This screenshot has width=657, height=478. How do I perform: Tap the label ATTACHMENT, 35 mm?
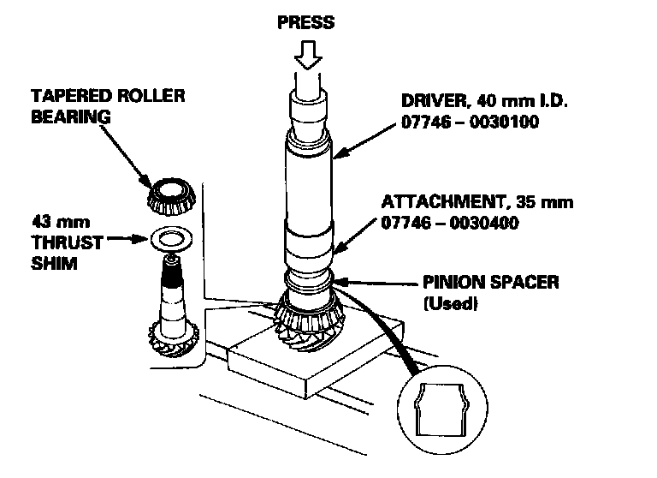point(477,203)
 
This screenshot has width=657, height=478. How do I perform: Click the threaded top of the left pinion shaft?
point(171,274)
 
